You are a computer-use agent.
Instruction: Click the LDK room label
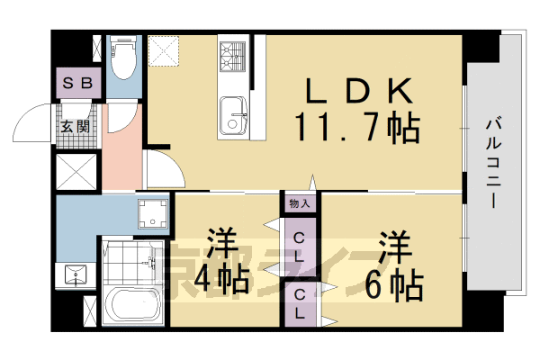click(358, 90)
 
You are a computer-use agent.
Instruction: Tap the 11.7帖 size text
click(355, 129)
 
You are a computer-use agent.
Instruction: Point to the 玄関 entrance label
click(75, 127)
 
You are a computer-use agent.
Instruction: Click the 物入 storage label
click(300, 203)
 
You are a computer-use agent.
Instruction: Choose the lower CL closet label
click(300, 306)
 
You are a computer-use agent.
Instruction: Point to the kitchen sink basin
click(235, 114)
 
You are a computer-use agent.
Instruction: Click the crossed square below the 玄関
click(75, 170)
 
